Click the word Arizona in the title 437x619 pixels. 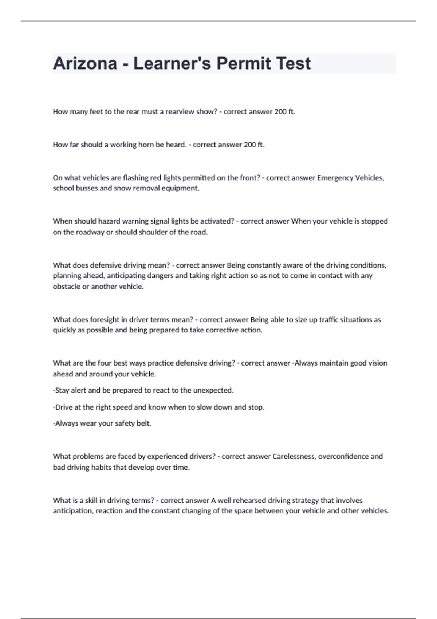85,63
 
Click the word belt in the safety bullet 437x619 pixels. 143,423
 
